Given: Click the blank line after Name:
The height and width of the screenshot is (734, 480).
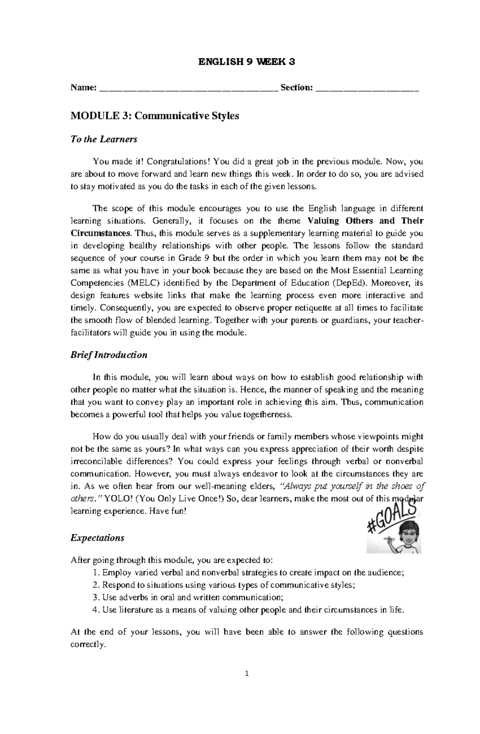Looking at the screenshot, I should tap(188, 89).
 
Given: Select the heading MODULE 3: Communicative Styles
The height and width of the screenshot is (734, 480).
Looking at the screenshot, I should tap(155, 116).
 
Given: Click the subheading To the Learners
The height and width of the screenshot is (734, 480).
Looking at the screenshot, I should tap(104, 139).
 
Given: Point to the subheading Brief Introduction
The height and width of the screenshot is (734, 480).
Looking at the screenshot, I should tap(109, 355).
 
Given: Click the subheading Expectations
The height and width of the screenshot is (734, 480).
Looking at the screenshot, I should tap(97, 538).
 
